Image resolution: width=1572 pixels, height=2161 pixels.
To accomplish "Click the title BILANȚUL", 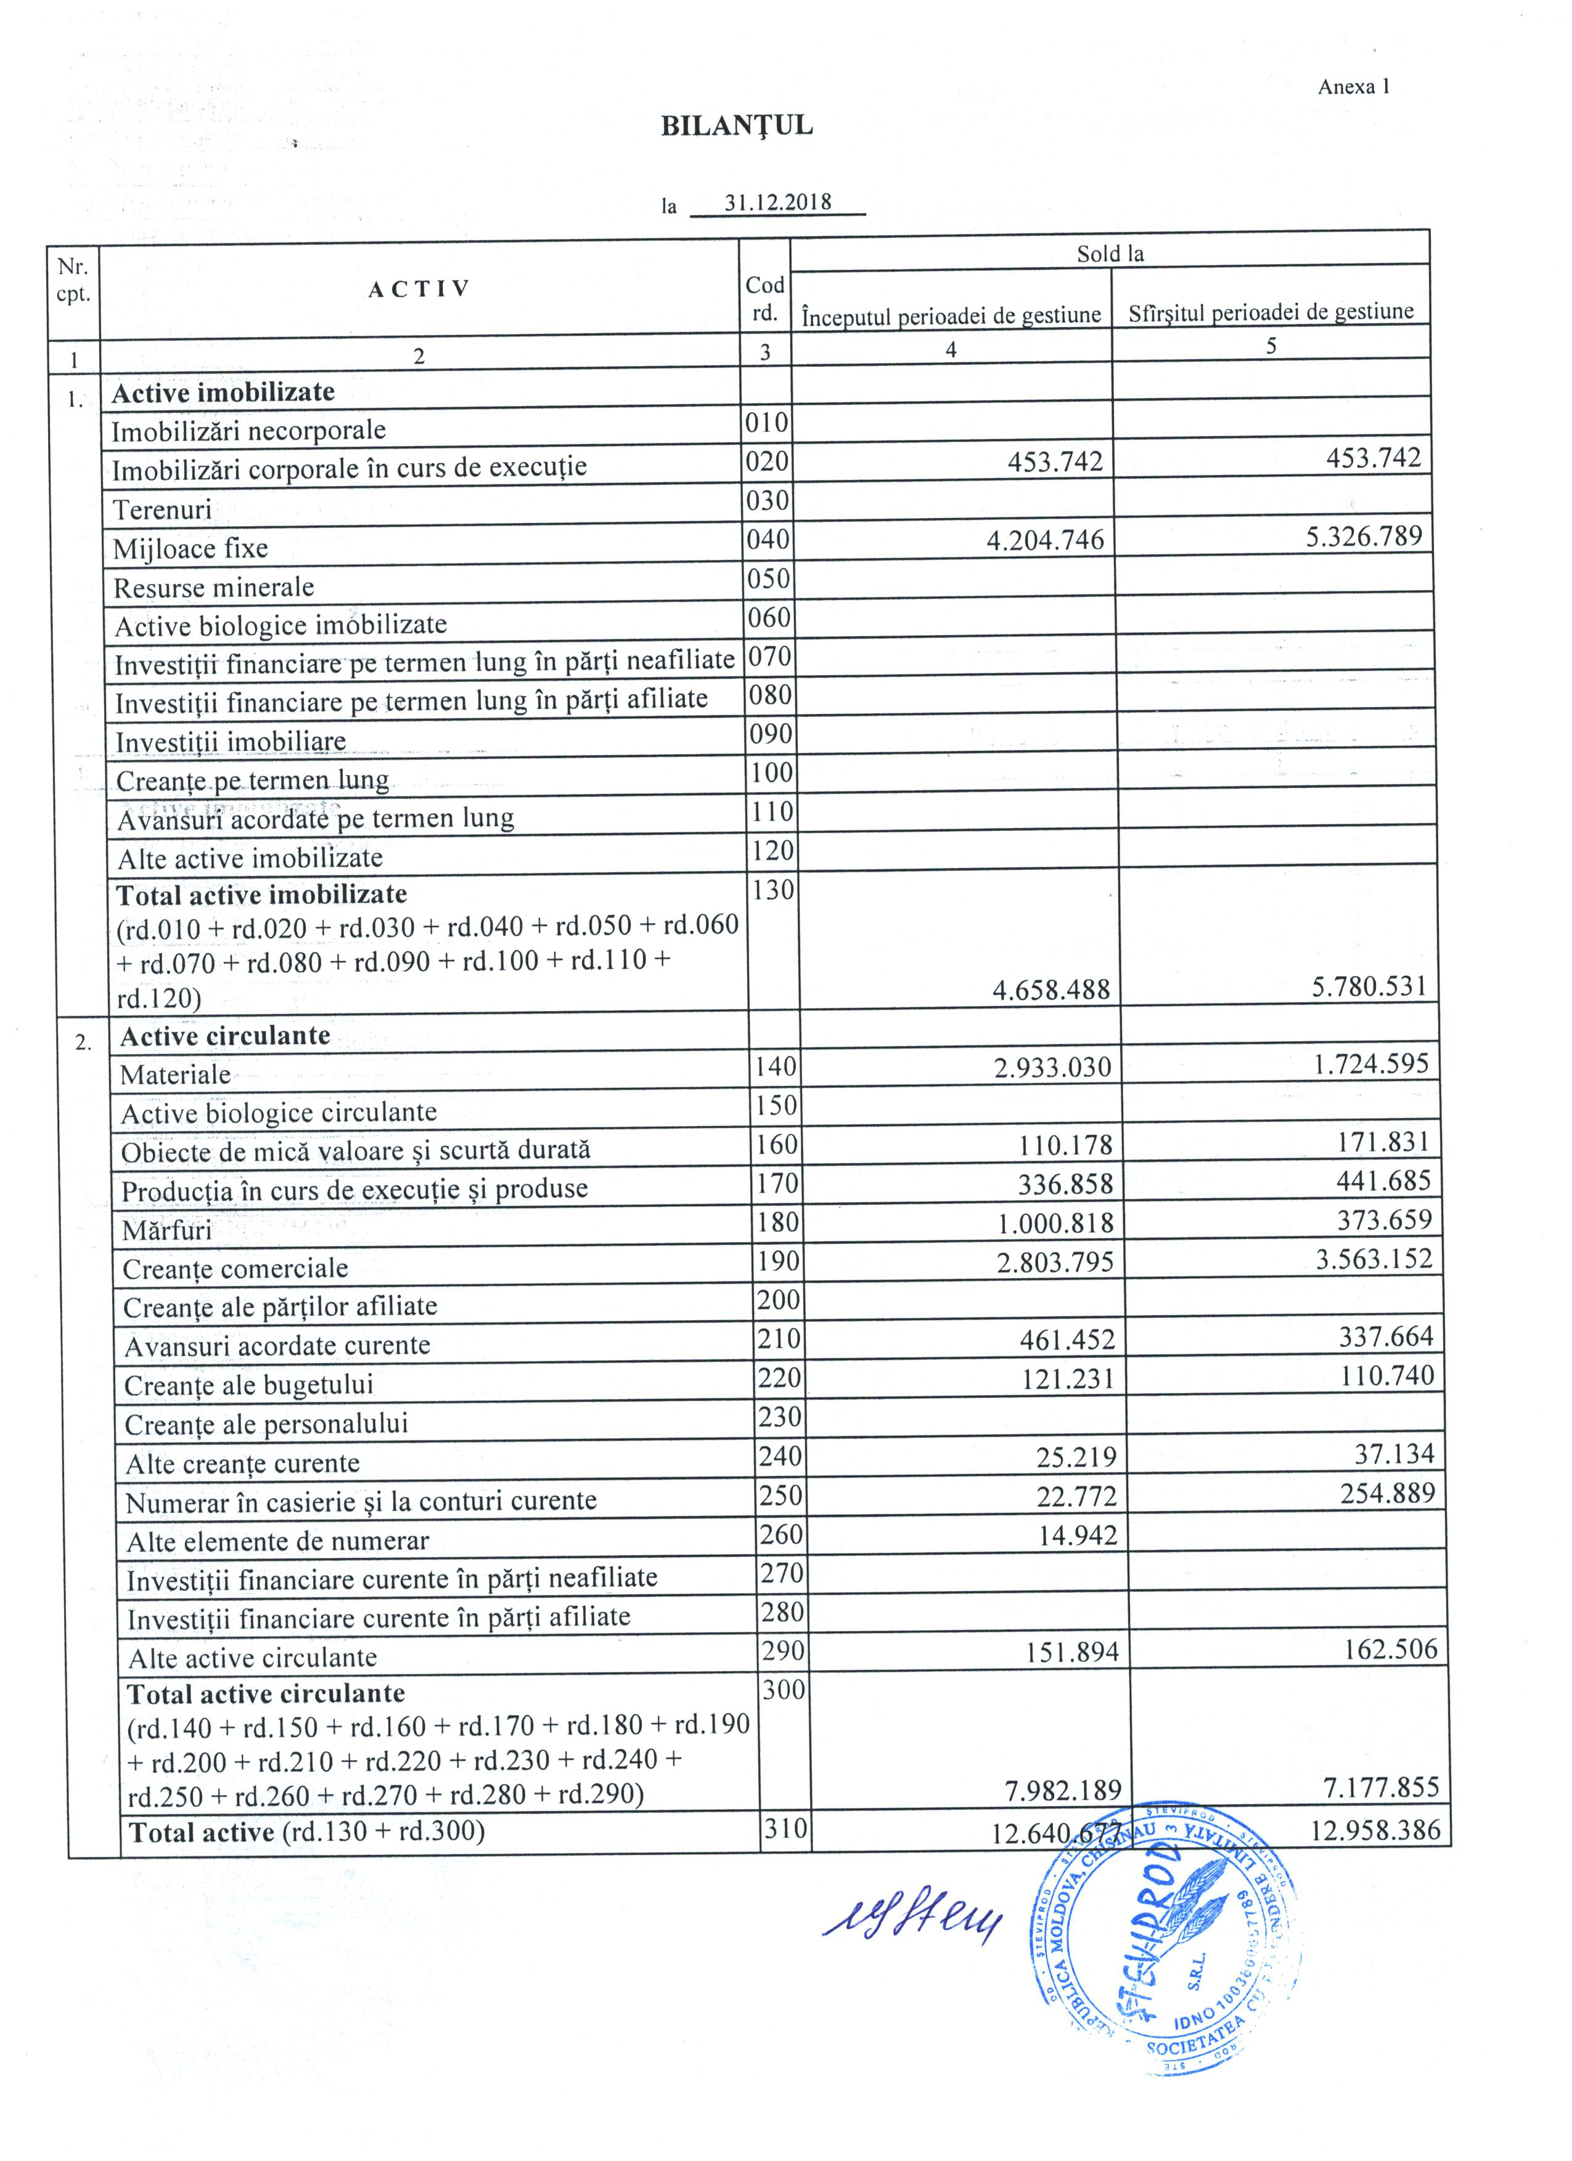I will click(x=736, y=126).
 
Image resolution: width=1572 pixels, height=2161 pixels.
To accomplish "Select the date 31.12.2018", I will click(x=777, y=202).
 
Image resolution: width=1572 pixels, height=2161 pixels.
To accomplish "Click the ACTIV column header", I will click(x=419, y=290).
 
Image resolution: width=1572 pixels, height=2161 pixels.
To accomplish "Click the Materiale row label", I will click(x=176, y=1075).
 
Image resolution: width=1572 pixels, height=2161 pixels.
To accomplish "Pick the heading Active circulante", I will click(x=225, y=1036).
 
